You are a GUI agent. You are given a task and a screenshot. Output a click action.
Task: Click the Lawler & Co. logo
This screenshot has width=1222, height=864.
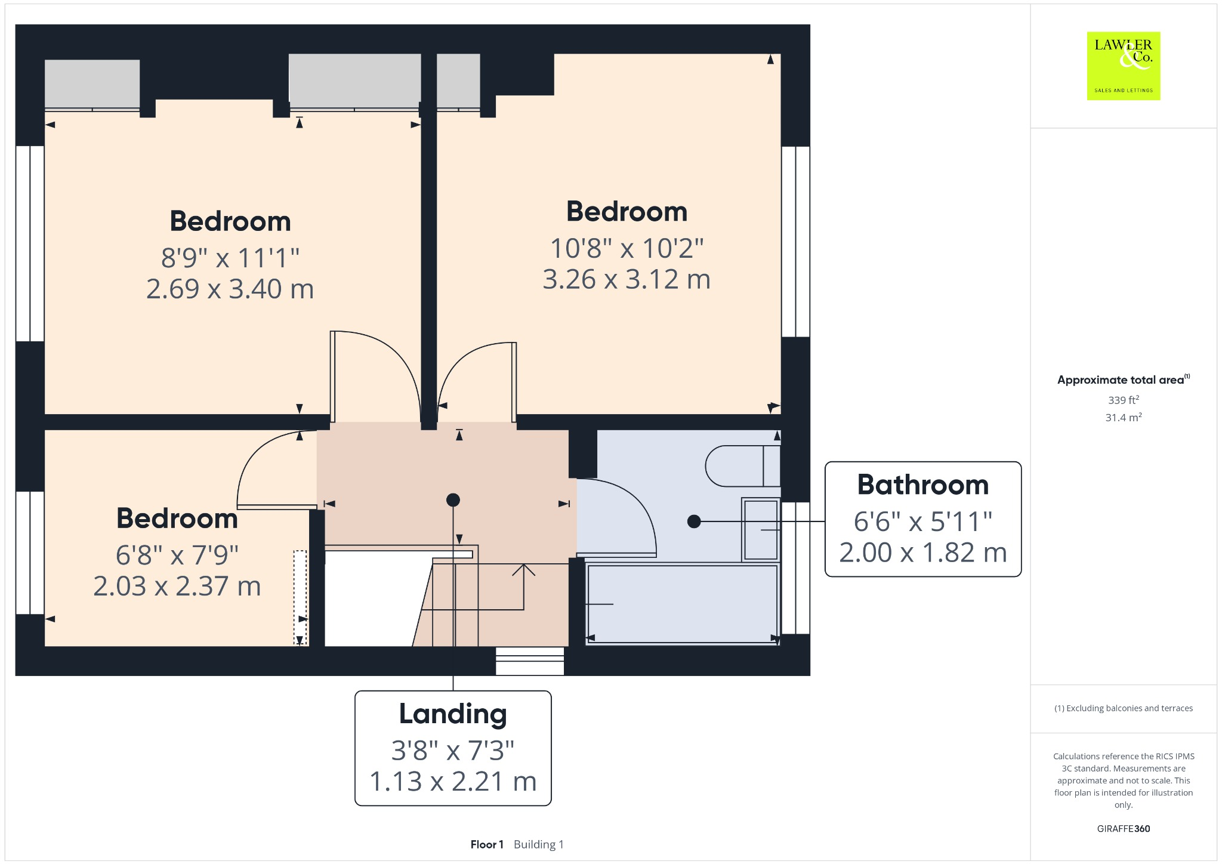click(1123, 66)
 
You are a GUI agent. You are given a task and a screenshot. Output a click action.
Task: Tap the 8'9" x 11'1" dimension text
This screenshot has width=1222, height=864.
click(230, 258)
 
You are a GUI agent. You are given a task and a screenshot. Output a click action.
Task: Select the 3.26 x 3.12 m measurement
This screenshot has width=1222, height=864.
click(627, 279)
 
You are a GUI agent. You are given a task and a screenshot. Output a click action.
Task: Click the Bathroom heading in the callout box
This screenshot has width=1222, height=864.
click(922, 485)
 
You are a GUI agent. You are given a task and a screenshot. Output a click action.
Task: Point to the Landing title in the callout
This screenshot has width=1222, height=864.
click(453, 714)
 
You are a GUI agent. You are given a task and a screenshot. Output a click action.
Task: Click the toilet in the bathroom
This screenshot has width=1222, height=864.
click(742, 466)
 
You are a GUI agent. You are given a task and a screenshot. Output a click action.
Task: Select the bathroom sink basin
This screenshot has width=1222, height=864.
click(761, 530)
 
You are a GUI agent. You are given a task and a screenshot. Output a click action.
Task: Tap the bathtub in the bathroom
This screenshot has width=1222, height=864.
click(682, 604)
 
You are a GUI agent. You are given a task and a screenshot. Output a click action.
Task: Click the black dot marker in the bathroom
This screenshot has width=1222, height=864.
click(694, 522)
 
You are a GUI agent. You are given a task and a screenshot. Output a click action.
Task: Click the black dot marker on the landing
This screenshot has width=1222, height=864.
click(453, 500)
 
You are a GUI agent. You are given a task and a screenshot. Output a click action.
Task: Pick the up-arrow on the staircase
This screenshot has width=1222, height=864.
click(523, 570)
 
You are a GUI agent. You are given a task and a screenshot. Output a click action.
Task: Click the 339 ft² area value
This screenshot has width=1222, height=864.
click(1123, 400)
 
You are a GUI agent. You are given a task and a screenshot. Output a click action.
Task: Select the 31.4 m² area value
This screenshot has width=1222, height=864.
click(1123, 417)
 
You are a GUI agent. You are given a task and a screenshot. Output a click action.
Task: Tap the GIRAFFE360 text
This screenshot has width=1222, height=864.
click(1123, 828)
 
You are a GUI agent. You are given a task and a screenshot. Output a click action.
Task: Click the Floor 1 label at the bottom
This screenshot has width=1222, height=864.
click(487, 844)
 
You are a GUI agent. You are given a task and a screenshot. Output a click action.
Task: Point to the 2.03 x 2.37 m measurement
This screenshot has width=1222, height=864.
click(177, 587)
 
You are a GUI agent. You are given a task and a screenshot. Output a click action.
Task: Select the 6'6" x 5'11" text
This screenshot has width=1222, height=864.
click(922, 522)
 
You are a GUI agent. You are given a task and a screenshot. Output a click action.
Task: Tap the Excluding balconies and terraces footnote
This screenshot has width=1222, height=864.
click(1123, 708)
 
